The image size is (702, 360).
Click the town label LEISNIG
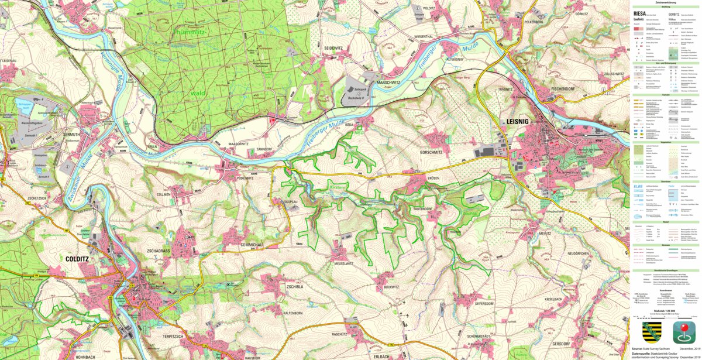(x=515, y=122)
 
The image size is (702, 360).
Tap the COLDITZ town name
(x=77, y=258)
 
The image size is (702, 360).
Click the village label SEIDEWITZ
(x=338, y=47)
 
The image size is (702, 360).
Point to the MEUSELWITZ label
(x=340, y=263)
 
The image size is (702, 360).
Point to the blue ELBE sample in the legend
(x=639, y=186)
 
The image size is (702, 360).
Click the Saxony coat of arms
(x=651, y=332)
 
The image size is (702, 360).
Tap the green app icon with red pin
(x=683, y=332)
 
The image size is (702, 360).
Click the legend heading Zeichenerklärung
(x=666, y=2)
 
